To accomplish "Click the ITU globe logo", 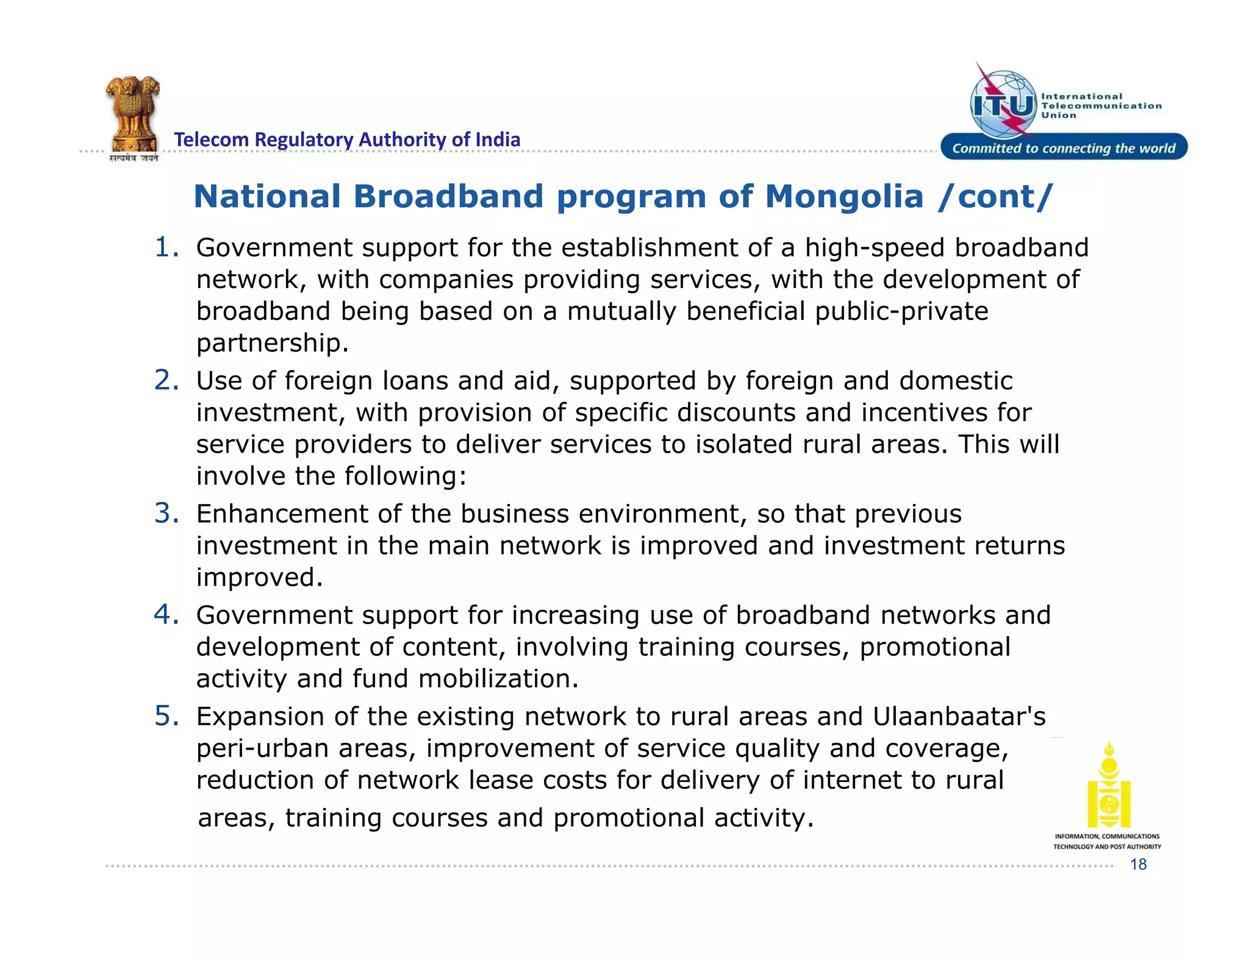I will click(x=1004, y=104).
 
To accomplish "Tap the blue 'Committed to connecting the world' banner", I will click(x=1064, y=148).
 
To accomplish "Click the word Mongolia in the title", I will click(x=844, y=197).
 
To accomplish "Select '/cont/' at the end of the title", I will click(x=995, y=197).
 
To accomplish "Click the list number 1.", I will click(x=166, y=247).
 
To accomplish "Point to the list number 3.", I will click(x=166, y=513).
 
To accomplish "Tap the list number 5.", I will click(x=166, y=716).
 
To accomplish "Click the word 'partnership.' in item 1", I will click(x=272, y=343).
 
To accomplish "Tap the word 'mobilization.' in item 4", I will click(x=498, y=679).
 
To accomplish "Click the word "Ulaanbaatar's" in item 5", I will click(x=959, y=717).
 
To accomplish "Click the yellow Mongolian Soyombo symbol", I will click(x=1109, y=786).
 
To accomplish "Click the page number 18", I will click(x=1138, y=864).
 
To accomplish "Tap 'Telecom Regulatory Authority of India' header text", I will click(x=347, y=140).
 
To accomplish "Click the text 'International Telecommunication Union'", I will click(x=1100, y=105).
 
